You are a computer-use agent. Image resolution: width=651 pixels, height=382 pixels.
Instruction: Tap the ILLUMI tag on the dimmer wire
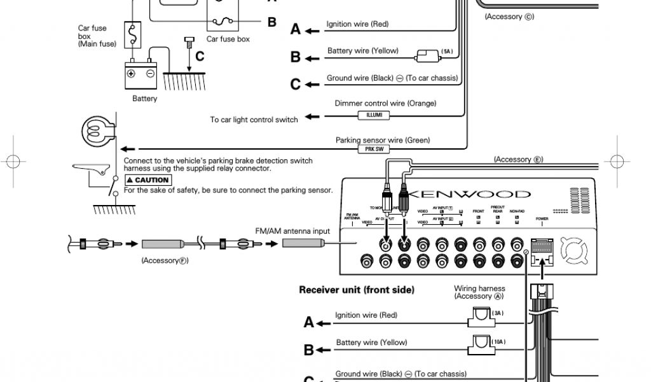374,115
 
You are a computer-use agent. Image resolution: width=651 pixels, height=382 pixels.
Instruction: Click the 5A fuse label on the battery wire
448,50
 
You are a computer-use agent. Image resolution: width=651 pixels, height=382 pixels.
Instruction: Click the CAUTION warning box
147,180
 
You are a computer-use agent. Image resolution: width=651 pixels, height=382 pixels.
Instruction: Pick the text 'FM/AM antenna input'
292,230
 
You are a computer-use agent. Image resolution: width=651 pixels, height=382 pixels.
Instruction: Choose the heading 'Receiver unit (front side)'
357,290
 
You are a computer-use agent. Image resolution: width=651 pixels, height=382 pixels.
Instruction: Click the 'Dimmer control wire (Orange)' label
386,103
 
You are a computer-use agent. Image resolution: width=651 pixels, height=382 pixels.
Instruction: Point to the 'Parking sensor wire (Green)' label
383,140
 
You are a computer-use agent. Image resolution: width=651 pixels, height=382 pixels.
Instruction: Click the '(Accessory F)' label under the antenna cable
165,260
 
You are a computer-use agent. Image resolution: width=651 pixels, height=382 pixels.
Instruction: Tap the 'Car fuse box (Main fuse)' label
93,36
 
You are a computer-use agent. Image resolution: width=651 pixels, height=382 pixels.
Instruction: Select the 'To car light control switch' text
254,120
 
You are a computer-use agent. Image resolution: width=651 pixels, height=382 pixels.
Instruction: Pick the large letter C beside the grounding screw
199,56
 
